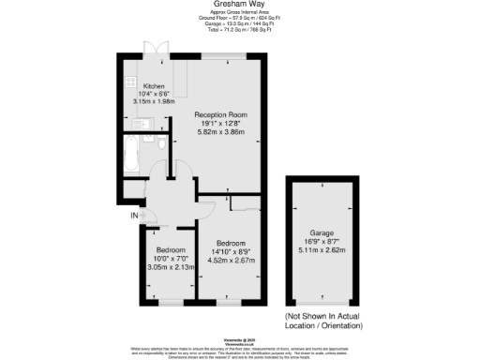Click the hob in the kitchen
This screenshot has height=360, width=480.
(131, 82)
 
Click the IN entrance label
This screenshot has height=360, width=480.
(133, 217)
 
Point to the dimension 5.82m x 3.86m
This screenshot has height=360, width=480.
(219, 132)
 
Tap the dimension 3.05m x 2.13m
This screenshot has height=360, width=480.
(170, 267)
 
